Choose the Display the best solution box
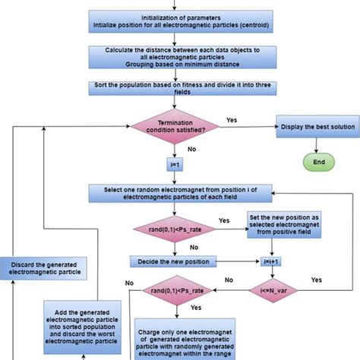[x=311, y=127]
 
